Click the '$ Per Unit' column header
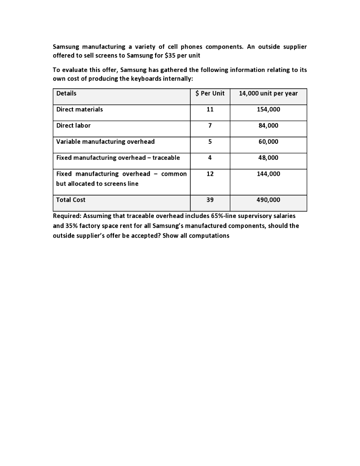[x=209, y=93]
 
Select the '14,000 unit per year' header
[x=268, y=93]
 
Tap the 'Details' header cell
[x=66, y=93]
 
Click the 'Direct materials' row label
[x=80, y=109]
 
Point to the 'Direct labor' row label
[x=73, y=125]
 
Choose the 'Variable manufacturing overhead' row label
[x=105, y=142]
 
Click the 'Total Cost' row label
[x=71, y=200]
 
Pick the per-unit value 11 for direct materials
[x=209, y=110]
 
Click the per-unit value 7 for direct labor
[x=209, y=126]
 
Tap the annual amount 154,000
[x=268, y=110]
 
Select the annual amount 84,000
[x=268, y=126]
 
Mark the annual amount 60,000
[x=268, y=142]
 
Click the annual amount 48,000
[x=268, y=157]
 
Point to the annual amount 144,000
[x=268, y=174]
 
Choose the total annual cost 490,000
[x=268, y=200]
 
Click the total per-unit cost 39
[x=209, y=200]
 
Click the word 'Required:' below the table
[x=68, y=216]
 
